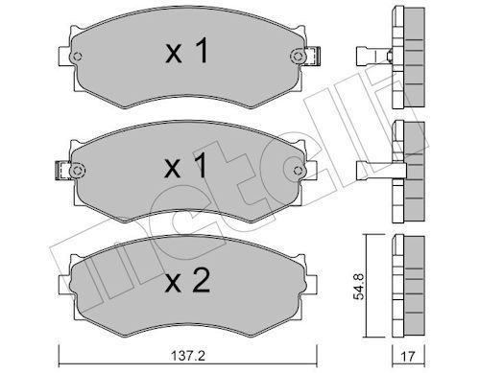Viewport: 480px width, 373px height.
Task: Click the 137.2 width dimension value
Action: click(188, 356)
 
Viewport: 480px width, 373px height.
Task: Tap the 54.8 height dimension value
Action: click(359, 287)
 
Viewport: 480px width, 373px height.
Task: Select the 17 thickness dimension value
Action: click(408, 356)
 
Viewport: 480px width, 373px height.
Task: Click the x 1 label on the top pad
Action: click(187, 50)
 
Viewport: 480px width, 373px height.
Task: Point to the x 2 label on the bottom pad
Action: click(187, 280)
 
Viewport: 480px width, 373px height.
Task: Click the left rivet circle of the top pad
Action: click(78, 57)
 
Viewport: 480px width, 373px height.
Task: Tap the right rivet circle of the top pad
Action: click(298, 57)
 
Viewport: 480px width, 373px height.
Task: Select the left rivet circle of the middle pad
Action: click(77, 171)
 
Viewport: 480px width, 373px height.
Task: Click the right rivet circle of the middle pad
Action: click(298, 171)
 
